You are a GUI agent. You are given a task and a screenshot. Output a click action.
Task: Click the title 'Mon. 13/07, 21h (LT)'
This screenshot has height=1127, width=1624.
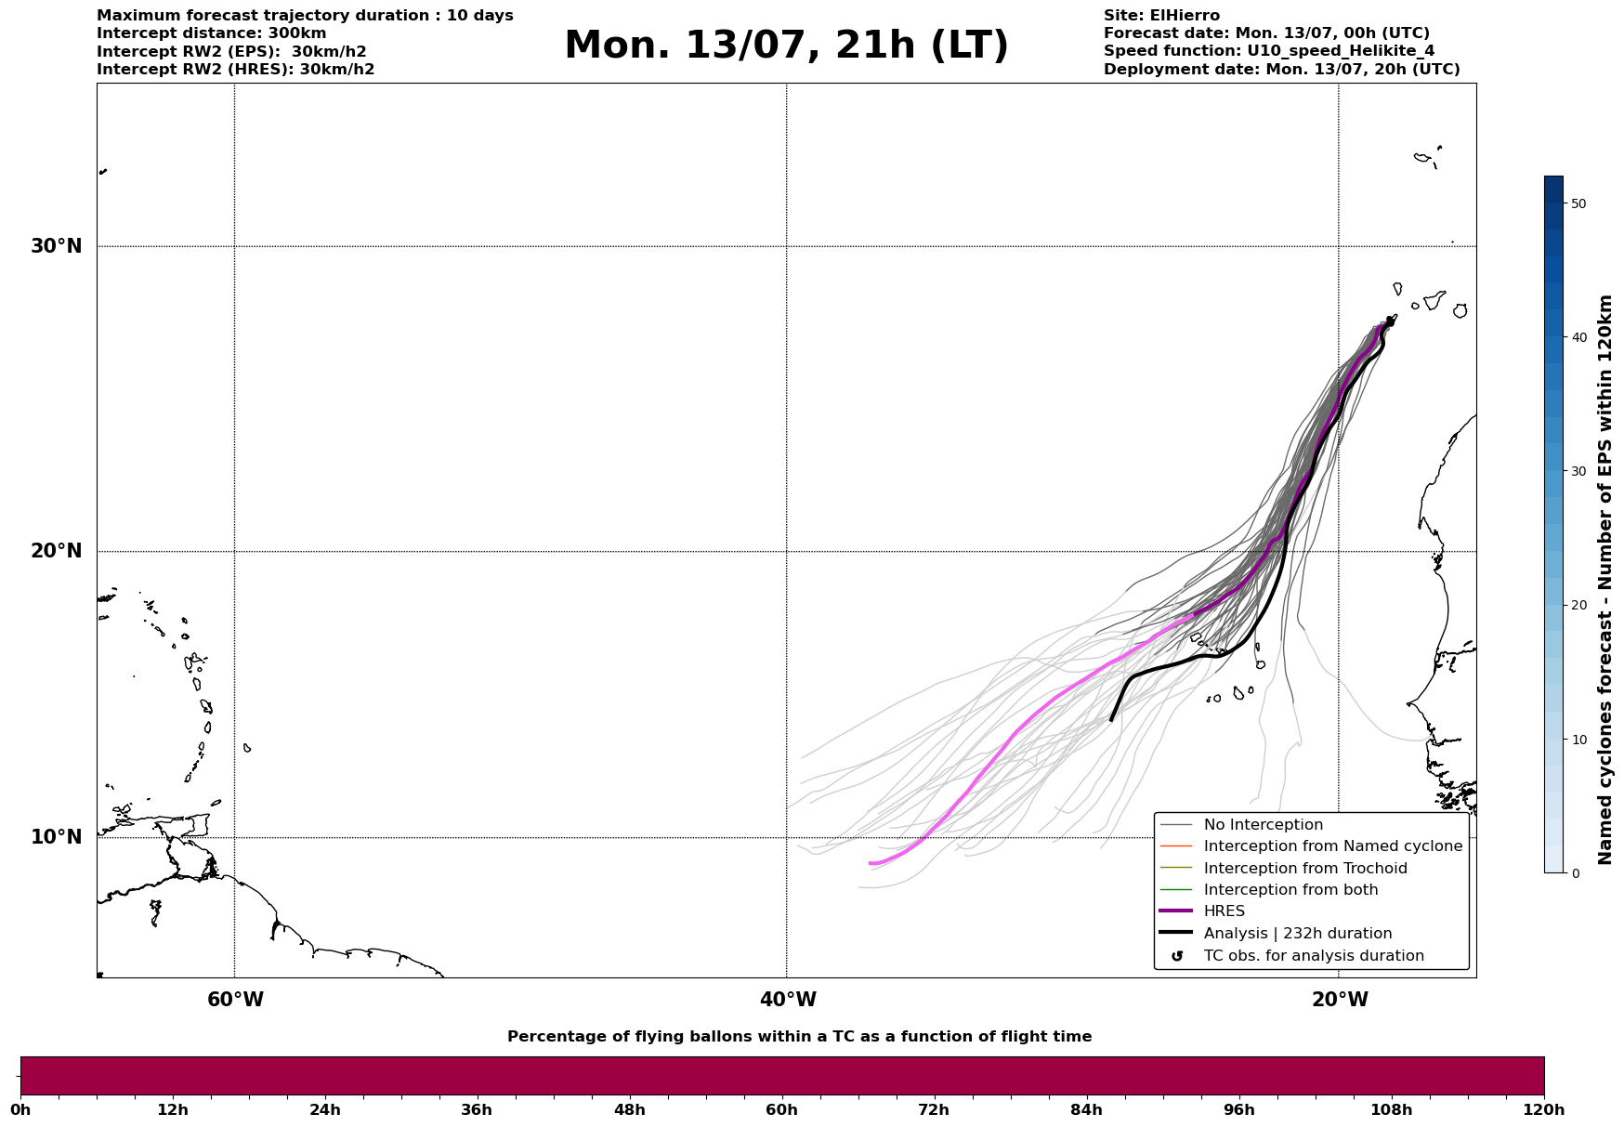pyautogui.click(x=786, y=46)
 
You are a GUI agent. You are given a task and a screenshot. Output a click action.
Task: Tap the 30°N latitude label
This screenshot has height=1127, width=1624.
pyautogui.click(x=57, y=246)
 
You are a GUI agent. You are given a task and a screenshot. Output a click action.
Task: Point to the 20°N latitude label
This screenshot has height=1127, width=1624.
pyautogui.click(x=57, y=551)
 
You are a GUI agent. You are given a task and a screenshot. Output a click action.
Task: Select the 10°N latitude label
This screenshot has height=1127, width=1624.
pyautogui.click(x=57, y=837)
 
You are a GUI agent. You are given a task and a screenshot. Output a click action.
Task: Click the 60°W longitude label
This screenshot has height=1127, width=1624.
pyautogui.click(x=235, y=1000)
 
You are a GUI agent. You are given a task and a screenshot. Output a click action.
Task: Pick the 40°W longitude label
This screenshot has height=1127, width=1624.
pyautogui.click(x=788, y=1000)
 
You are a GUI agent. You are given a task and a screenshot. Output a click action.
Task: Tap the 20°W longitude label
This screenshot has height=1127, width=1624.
pyautogui.click(x=1340, y=1000)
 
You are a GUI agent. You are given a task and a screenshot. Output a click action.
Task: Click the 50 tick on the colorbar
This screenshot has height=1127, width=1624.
pyautogui.click(x=1578, y=203)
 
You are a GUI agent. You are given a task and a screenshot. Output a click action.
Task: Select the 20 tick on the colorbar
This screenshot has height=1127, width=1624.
pyautogui.click(x=1578, y=605)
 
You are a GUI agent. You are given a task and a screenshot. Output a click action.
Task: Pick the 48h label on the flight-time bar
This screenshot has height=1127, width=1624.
pyautogui.click(x=629, y=1109)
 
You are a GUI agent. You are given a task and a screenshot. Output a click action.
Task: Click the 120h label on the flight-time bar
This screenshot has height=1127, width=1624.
pyautogui.click(x=1543, y=1109)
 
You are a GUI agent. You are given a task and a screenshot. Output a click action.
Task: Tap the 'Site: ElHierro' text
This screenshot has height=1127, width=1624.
pyautogui.click(x=1161, y=16)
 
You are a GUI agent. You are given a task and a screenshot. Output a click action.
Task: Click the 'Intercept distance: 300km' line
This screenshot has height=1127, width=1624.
pyautogui.click(x=212, y=33)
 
